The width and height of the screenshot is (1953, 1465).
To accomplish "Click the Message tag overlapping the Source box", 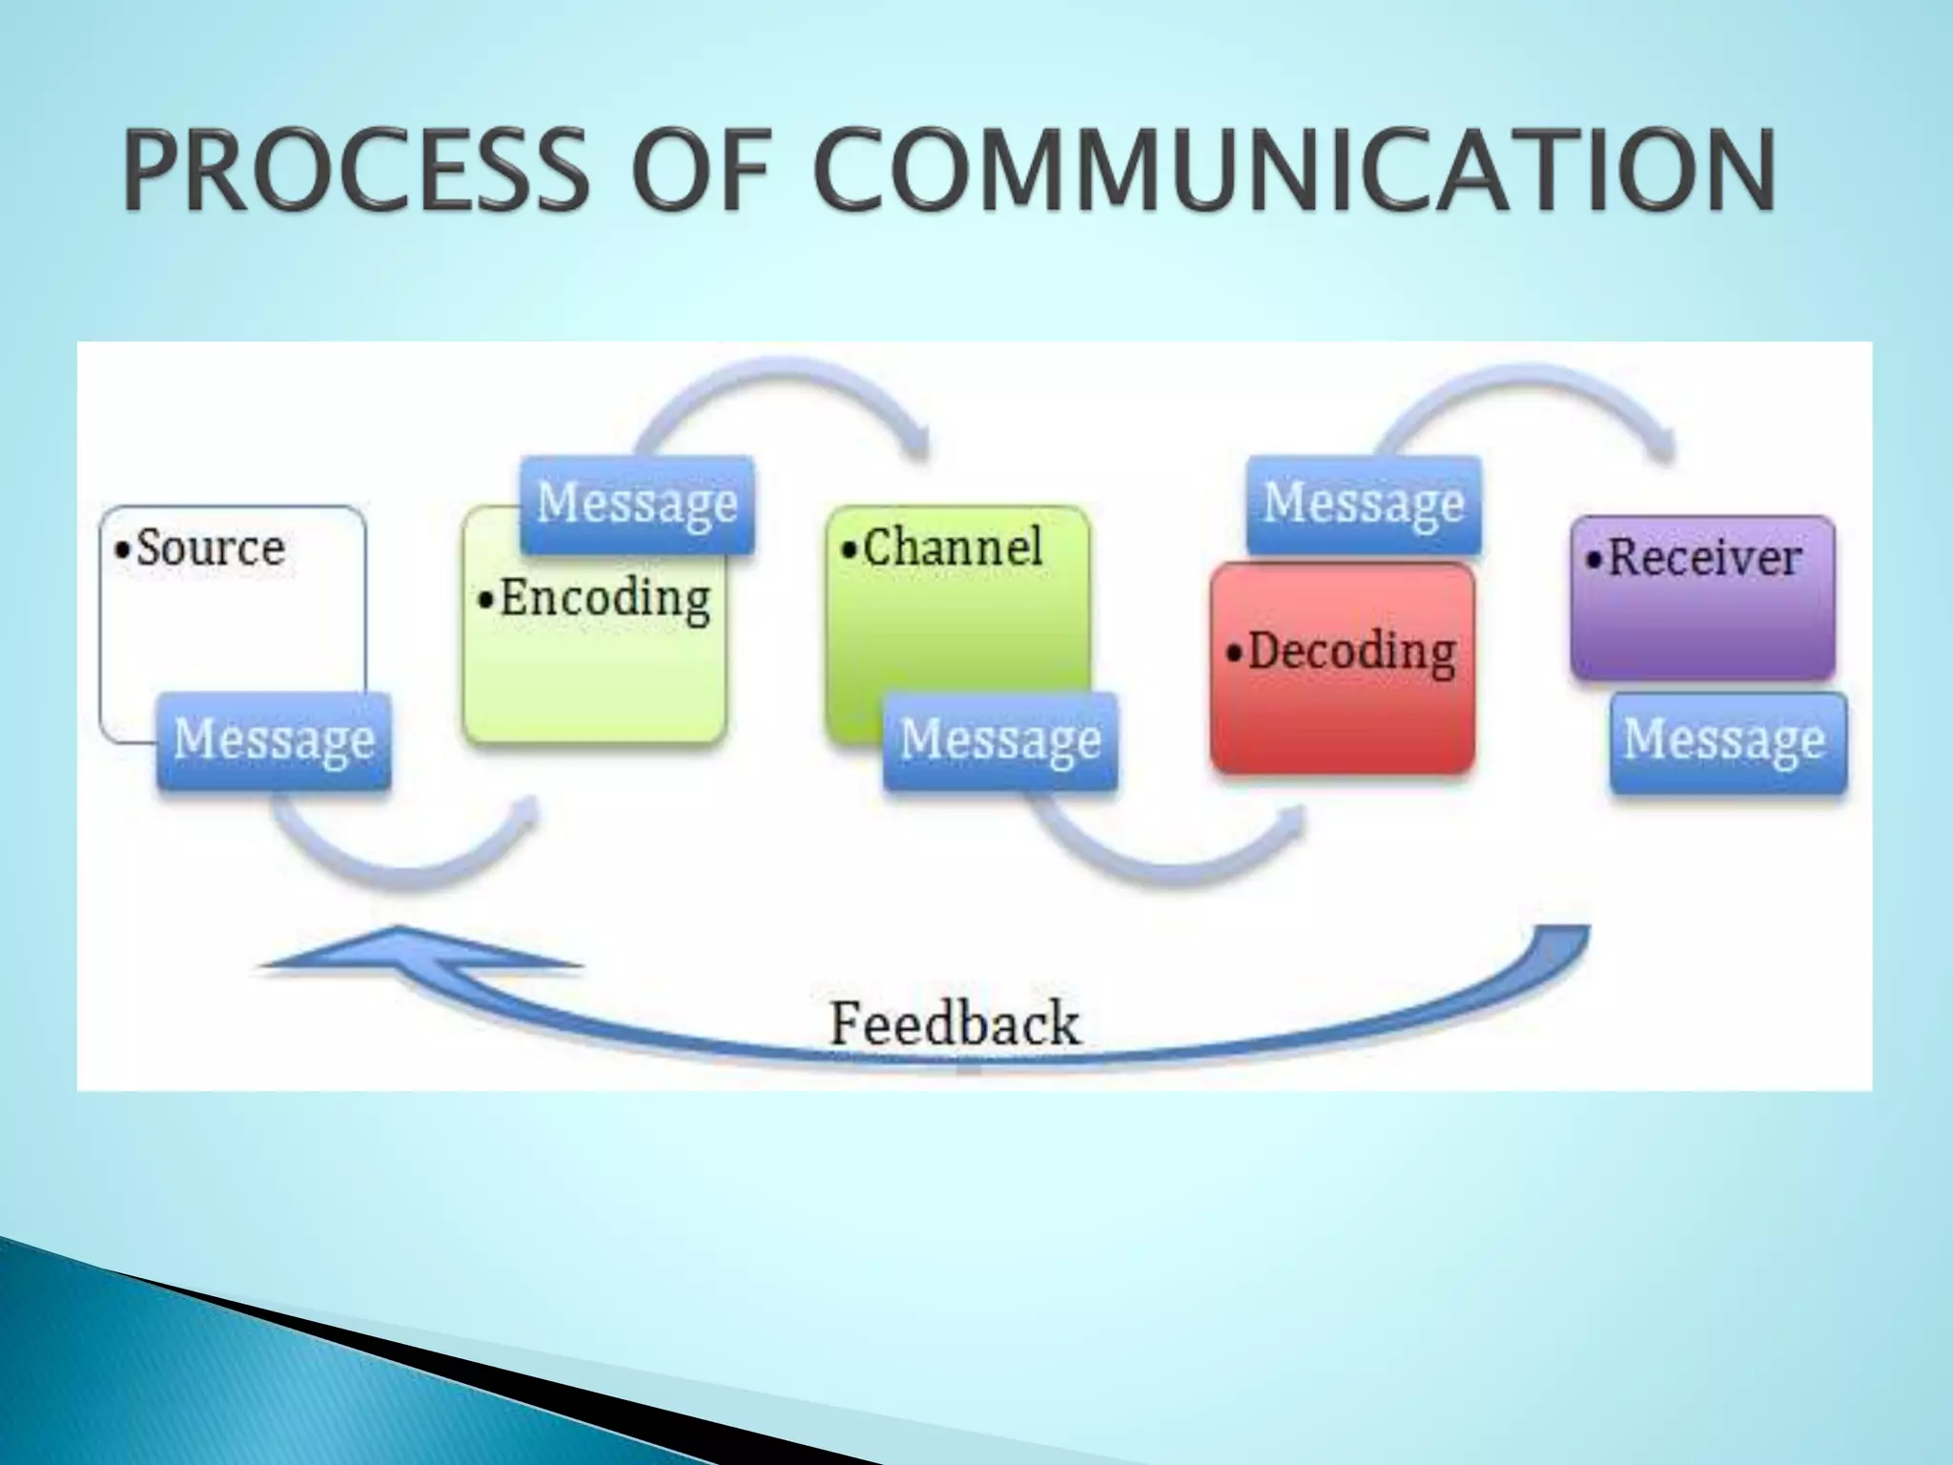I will (x=275, y=740).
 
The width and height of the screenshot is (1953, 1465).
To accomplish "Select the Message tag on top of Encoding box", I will (x=637, y=504).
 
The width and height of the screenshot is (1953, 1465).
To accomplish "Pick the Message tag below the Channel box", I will (x=1000, y=740).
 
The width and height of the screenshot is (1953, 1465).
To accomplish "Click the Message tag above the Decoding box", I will (x=1364, y=504).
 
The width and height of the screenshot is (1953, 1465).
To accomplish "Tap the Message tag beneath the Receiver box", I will (x=1725, y=740).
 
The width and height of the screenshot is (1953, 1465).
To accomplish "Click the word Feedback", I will (x=955, y=1024).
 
